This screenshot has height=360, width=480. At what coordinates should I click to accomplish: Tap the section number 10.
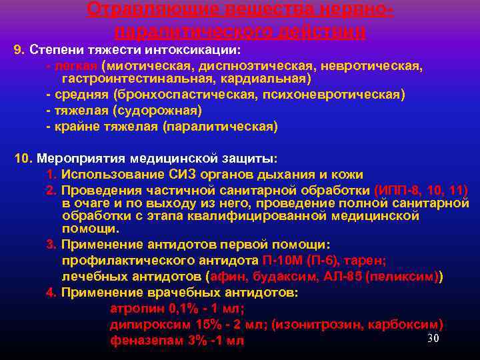pos(23,159)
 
